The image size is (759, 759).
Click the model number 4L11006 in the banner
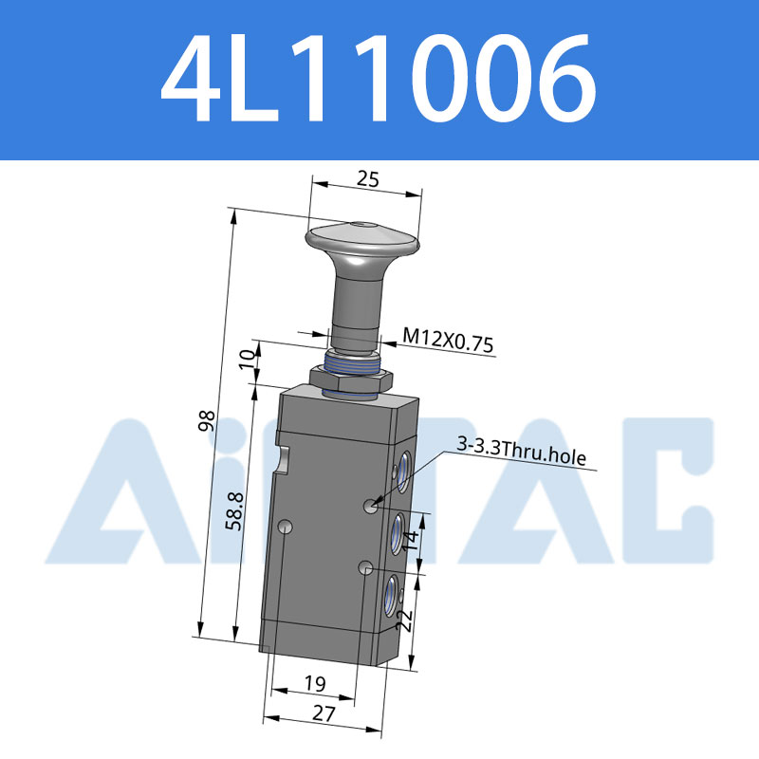tap(378, 79)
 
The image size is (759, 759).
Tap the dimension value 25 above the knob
tap(368, 179)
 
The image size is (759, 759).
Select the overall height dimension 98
tap(207, 420)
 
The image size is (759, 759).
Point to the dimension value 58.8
tap(235, 511)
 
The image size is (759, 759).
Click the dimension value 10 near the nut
tap(248, 360)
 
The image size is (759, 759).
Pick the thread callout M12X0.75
tap(448, 340)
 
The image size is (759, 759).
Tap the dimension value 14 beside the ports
tap(411, 540)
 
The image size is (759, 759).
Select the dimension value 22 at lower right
tap(405, 620)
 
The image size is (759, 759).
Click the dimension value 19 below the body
tap(315, 683)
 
